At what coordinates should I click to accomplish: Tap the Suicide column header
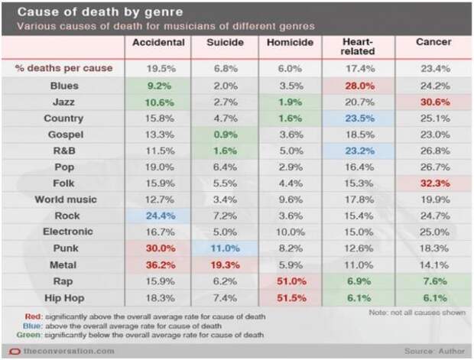tap(226, 42)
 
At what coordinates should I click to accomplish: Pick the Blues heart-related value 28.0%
tap(359, 86)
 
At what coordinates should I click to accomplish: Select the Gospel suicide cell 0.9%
tap(226, 135)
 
